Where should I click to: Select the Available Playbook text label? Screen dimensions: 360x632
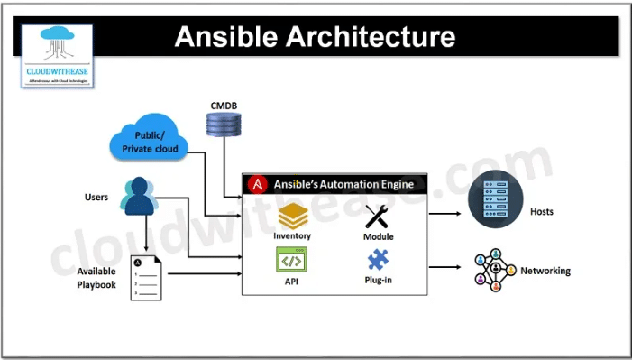point(96,278)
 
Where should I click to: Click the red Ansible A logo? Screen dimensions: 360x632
point(259,184)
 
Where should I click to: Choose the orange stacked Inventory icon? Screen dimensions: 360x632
point(293,217)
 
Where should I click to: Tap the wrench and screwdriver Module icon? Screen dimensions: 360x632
point(379,217)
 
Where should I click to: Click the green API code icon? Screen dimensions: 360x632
point(292,260)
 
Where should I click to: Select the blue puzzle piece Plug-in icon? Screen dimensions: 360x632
point(379,261)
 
